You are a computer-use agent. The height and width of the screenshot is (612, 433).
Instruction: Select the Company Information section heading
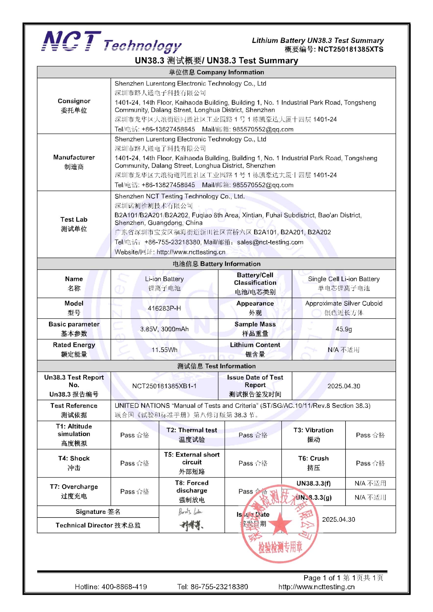(x=216, y=72)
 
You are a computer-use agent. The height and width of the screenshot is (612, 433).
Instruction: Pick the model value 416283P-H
(x=164, y=308)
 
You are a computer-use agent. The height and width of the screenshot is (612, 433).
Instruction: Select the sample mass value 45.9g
(x=344, y=329)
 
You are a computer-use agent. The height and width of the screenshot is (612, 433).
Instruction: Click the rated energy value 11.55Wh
(x=164, y=350)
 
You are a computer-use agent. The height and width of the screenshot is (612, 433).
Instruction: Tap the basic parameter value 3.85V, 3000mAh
(x=164, y=329)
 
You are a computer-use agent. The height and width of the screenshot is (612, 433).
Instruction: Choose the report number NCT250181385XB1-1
(x=164, y=386)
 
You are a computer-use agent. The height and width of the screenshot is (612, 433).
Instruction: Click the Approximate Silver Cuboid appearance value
(x=344, y=303)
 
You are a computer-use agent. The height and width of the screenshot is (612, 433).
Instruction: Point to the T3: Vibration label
(x=313, y=430)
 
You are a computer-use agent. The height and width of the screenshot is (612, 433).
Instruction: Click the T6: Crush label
(x=313, y=459)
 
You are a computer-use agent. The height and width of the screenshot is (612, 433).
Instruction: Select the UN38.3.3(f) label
(x=313, y=483)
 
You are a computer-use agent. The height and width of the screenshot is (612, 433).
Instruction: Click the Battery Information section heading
(x=216, y=264)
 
